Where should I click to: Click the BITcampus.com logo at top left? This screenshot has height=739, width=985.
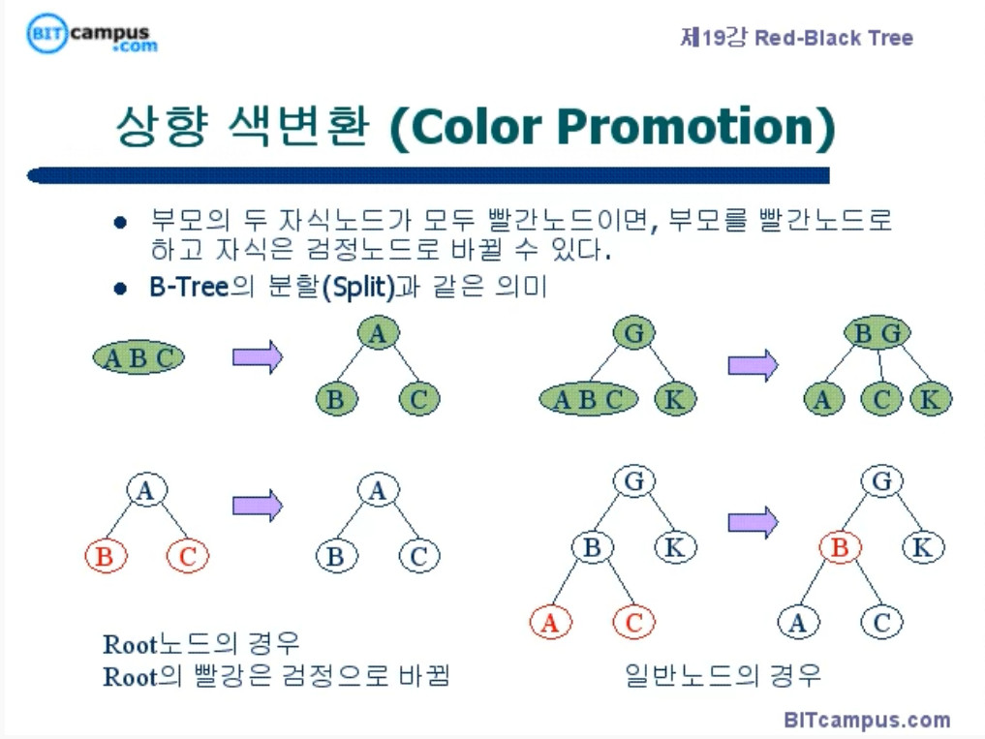pyautogui.click(x=92, y=34)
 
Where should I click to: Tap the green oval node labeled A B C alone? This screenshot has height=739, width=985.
pyautogui.click(x=139, y=358)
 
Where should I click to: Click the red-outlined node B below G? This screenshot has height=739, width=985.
pyautogui.click(x=840, y=548)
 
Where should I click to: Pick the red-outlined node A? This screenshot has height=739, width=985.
pyautogui.click(x=550, y=623)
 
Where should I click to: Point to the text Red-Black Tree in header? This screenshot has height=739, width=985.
pyautogui.click(x=834, y=39)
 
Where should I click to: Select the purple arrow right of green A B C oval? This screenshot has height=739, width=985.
pyautogui.click(x=258, y=356)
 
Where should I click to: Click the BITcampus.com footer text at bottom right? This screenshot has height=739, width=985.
pyautogui.click(x=867, y=720)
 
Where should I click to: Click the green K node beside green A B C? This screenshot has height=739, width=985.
pyautogui.click(x=675, y=398)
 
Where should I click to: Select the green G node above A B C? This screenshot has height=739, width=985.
pyautogui.click(x=634, y=334)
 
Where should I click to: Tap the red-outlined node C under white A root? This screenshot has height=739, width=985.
pyautogui.click(x=188, y=556)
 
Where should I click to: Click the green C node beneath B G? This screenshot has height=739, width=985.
pyautogui.click(x=880, y=398)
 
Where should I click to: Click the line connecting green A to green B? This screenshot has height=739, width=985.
pyautogui.click(x=356, y=366)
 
